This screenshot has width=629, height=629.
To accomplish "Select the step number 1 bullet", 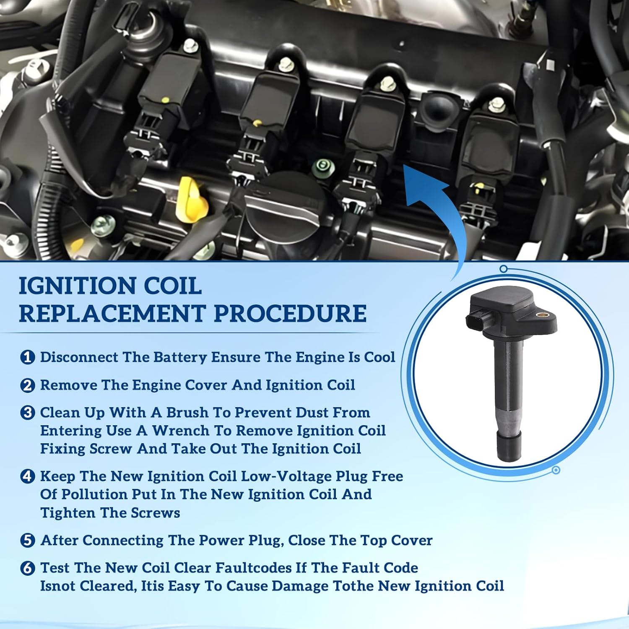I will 28,357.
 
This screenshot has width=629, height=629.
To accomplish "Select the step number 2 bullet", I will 28,385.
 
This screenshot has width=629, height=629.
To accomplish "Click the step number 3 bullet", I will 28,413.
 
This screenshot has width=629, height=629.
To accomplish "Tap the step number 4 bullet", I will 28,476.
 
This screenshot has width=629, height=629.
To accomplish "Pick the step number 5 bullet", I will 28,540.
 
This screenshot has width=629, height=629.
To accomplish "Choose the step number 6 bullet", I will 28,568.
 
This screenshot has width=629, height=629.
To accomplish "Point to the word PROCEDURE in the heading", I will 290,314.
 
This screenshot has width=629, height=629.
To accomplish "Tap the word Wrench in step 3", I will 180,431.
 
